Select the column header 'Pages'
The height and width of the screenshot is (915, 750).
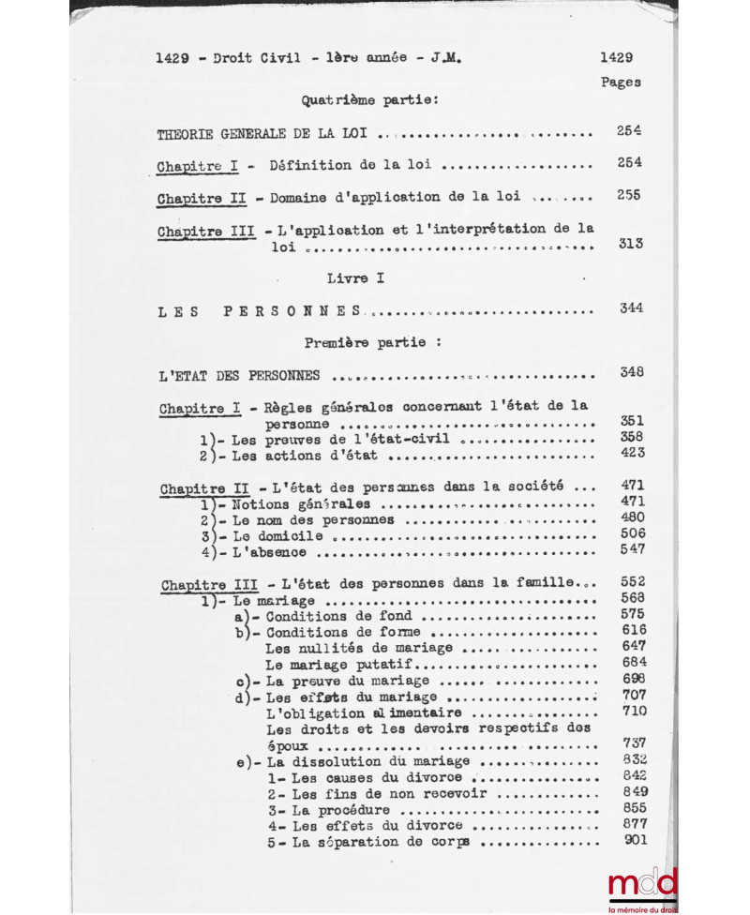[621, 82]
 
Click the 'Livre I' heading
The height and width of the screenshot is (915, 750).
[357, 278]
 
